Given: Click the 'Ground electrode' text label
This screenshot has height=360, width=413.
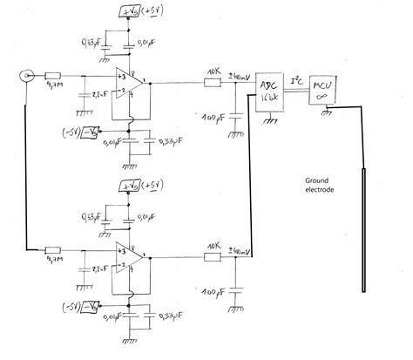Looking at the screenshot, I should pos(323,185).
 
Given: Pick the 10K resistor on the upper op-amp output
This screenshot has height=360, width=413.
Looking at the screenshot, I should pos(212,84).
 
